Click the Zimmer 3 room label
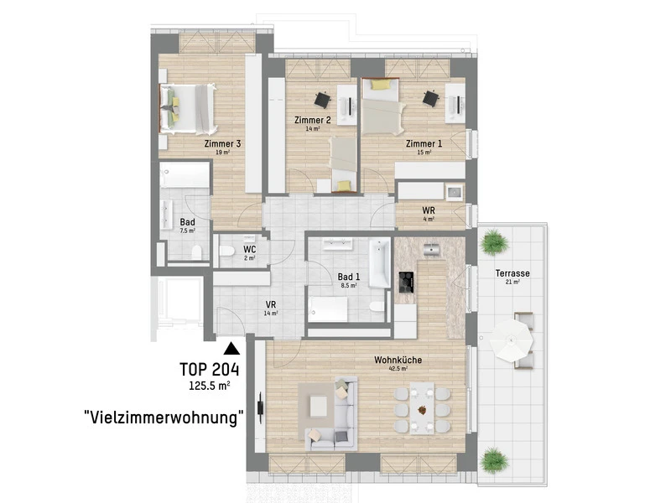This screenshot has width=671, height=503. (222, 143)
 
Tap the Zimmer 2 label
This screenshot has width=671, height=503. (312, 120)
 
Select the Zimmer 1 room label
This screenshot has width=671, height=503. (424, 143)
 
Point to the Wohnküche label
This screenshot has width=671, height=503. (398, 360)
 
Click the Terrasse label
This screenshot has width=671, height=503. (512, 273)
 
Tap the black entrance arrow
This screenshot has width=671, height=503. (231, 349)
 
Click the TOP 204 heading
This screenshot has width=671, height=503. (209, 370)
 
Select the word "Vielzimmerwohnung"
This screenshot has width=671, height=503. (164, 417)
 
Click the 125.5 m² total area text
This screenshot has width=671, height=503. (209, 386)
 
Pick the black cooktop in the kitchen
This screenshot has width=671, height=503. (406, 283)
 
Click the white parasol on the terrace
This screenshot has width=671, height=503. (512, 341)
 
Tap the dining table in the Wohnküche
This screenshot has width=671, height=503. (422, 408)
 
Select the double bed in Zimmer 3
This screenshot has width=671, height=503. (187, 109)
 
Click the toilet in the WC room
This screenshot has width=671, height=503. (226, 251)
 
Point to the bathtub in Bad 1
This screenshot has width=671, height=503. (380, 262)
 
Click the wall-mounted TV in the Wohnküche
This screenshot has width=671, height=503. (260, 408)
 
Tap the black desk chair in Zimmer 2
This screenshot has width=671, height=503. (322, 100)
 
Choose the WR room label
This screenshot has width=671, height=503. (429, 210)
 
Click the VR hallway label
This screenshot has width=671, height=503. (270, 304)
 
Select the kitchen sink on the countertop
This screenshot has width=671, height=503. (432, 248)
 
